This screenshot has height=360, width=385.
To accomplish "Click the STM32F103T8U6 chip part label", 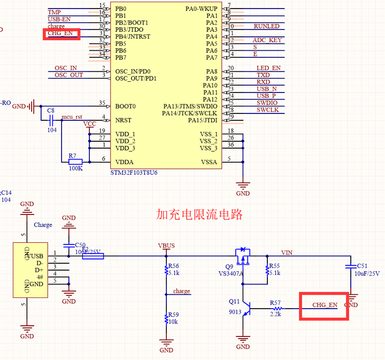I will click(135, 173).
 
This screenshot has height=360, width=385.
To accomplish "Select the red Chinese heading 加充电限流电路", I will click(199, 215).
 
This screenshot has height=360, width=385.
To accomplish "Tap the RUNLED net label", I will click(266, 26).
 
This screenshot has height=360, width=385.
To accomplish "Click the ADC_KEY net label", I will click(267, 40).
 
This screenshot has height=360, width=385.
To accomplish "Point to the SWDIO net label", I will click(267, 102).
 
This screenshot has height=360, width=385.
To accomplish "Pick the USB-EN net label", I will click(59, 19).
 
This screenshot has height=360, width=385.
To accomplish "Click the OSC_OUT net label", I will click(68, 75).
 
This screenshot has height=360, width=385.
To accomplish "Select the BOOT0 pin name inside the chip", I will click(126, 106).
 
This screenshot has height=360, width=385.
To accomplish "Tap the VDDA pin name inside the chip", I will click(125, 162).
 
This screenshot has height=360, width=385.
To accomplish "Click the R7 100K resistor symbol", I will click(75, 162).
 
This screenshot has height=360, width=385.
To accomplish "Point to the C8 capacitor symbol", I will click(51, 120).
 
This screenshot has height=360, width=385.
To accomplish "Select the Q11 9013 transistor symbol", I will click(245, 309).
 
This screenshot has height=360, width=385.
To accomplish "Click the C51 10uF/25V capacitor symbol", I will click(351, 266).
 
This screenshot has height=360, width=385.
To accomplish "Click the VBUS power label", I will click(166, 246).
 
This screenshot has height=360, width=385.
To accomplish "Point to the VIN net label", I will click(287, 252).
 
